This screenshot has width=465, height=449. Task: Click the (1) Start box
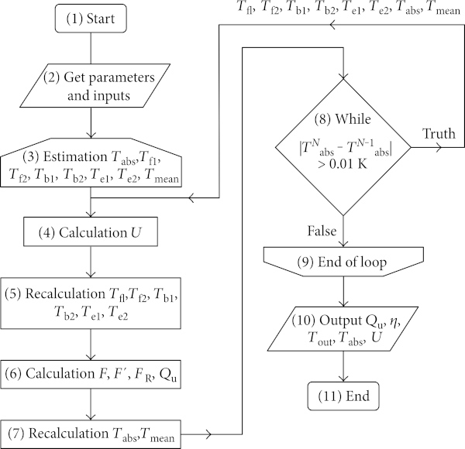91,19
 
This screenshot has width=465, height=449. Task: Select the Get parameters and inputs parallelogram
95,85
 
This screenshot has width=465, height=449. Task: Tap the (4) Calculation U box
91,231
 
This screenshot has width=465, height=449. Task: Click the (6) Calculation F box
91,375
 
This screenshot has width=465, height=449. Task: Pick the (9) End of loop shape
343,262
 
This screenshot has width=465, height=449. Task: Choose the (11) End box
343,396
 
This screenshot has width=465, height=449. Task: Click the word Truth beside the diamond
439,134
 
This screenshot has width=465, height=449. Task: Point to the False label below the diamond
322,231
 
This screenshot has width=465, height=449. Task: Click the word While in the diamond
353,119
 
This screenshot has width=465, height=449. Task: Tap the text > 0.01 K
343,164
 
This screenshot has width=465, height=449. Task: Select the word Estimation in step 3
75,156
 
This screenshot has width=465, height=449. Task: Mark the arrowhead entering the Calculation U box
91,214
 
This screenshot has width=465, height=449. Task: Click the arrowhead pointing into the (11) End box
343,379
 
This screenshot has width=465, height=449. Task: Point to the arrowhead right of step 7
208,434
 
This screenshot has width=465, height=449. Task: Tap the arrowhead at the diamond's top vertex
343,76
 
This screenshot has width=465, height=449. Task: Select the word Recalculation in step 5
65,294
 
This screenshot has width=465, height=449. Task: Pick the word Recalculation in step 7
68,434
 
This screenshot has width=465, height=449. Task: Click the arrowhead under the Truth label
439,147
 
